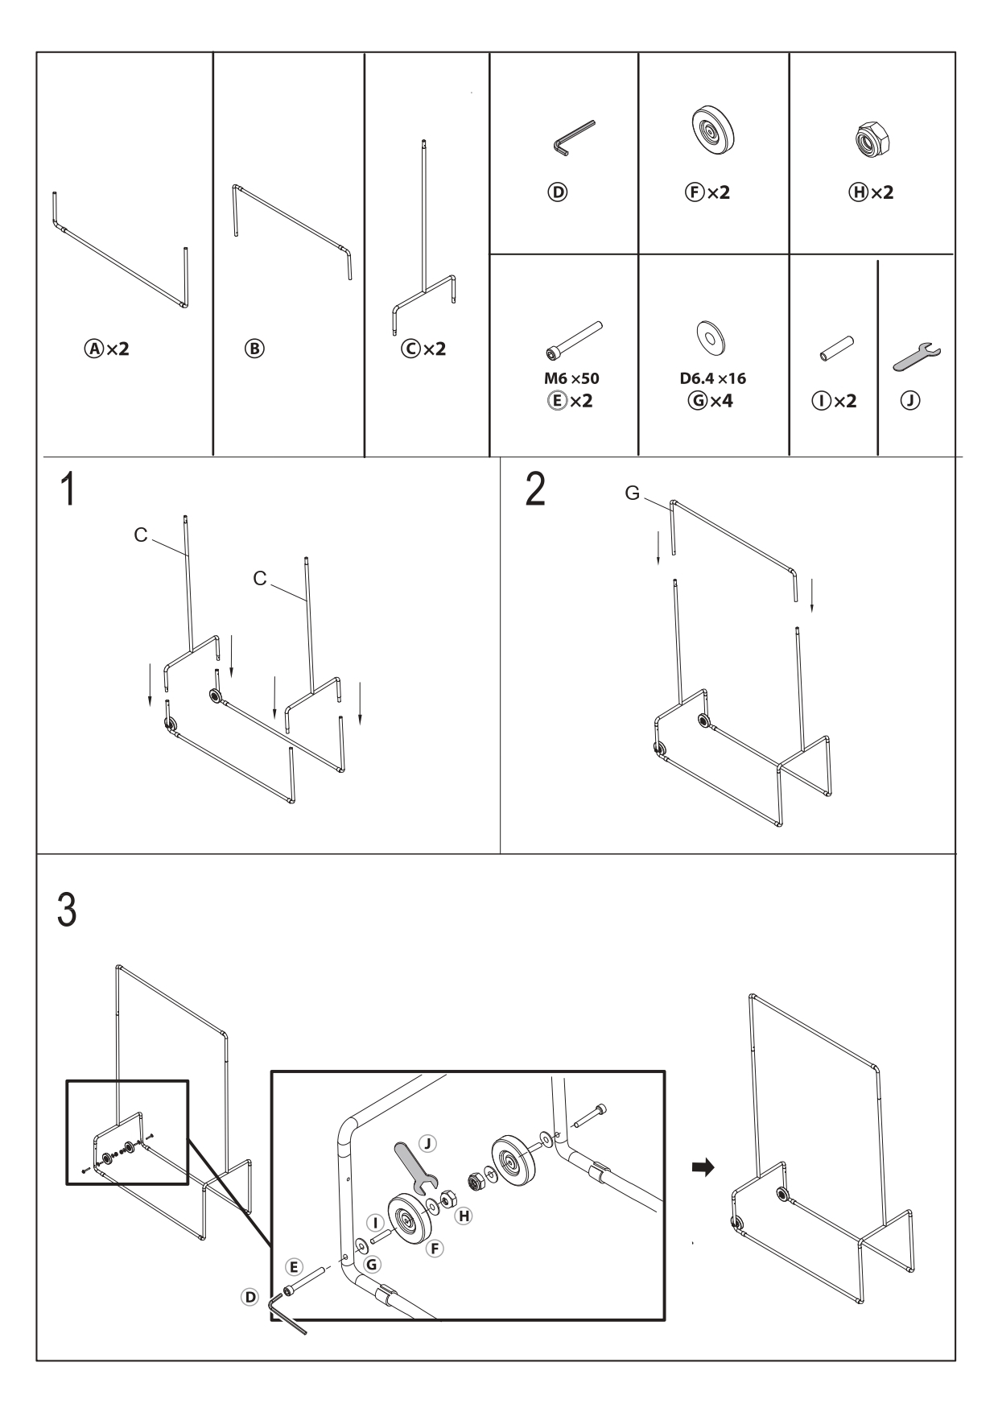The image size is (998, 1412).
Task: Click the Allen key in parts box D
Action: click(x=572, y=136)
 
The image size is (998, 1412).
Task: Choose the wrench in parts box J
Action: click(x=917, y=355)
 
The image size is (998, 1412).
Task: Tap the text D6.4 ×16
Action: click(x=712, y=378)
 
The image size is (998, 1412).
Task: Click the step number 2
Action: click(x=534, y=489)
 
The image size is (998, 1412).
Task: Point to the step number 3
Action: click(x=68, y=910)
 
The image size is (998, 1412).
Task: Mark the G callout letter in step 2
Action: click(x=632, y=493)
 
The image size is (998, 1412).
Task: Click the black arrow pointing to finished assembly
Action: click(x=703, y=1167)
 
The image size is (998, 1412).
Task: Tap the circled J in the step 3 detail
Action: click(x=428, y=1142)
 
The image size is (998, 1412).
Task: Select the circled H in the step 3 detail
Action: click(x=464, y=1216)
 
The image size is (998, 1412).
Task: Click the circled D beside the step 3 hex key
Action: click(x=250, y=1298)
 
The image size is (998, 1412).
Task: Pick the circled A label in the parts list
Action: click(x=95, y=349)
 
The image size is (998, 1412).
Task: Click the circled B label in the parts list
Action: click(x=254, y=349)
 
